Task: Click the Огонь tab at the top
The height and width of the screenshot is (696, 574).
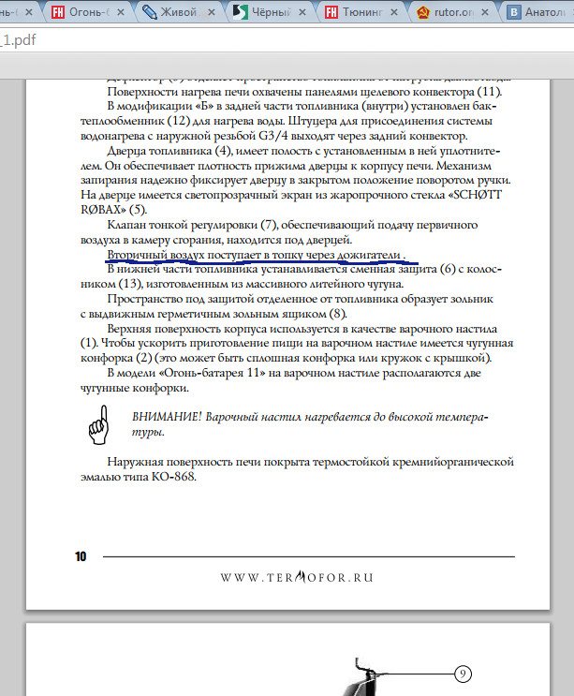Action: (90, 13)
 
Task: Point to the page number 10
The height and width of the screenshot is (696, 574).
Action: (81, 556)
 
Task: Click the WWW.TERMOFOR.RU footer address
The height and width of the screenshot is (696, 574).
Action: (297, 577)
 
